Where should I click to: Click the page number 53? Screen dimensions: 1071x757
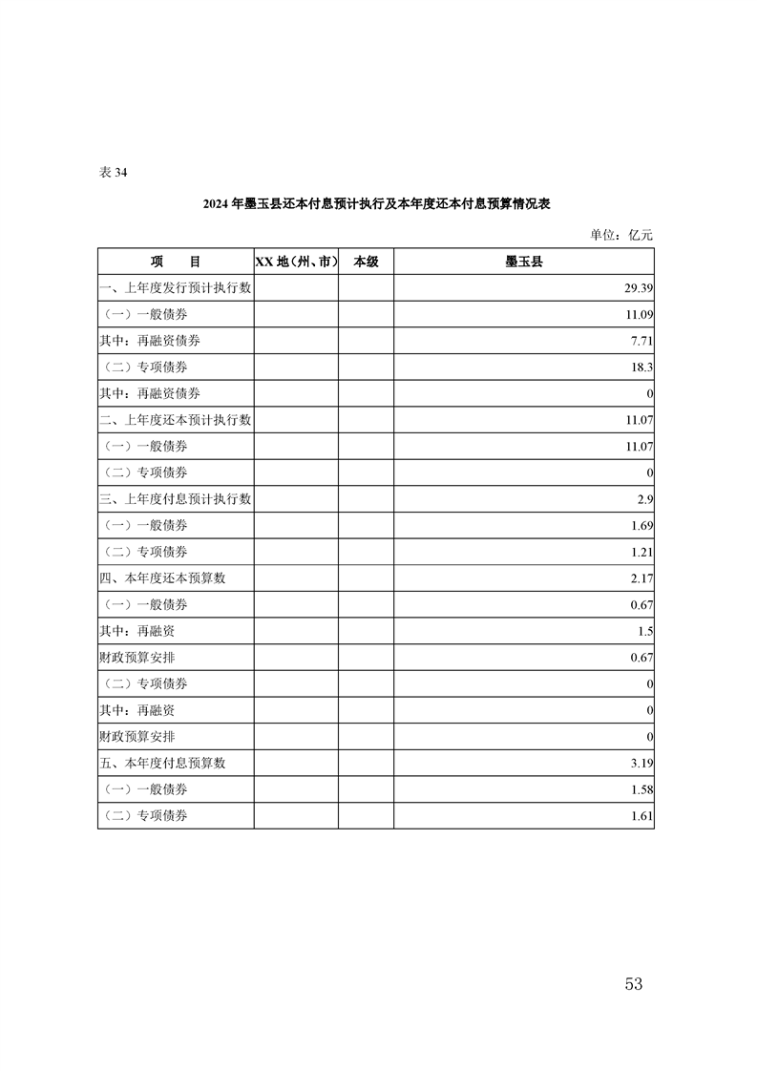click(633, 984)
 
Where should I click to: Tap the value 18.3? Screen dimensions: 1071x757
click(641, 367)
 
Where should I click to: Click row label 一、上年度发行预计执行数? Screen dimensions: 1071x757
click(176, 287)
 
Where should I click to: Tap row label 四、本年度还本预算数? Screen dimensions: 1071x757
click(163, 578)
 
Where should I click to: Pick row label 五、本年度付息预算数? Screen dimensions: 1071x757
click(163, 764)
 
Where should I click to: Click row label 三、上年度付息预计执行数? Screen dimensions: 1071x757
click(176, 499)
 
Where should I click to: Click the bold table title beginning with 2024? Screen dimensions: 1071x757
click(377, 204)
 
